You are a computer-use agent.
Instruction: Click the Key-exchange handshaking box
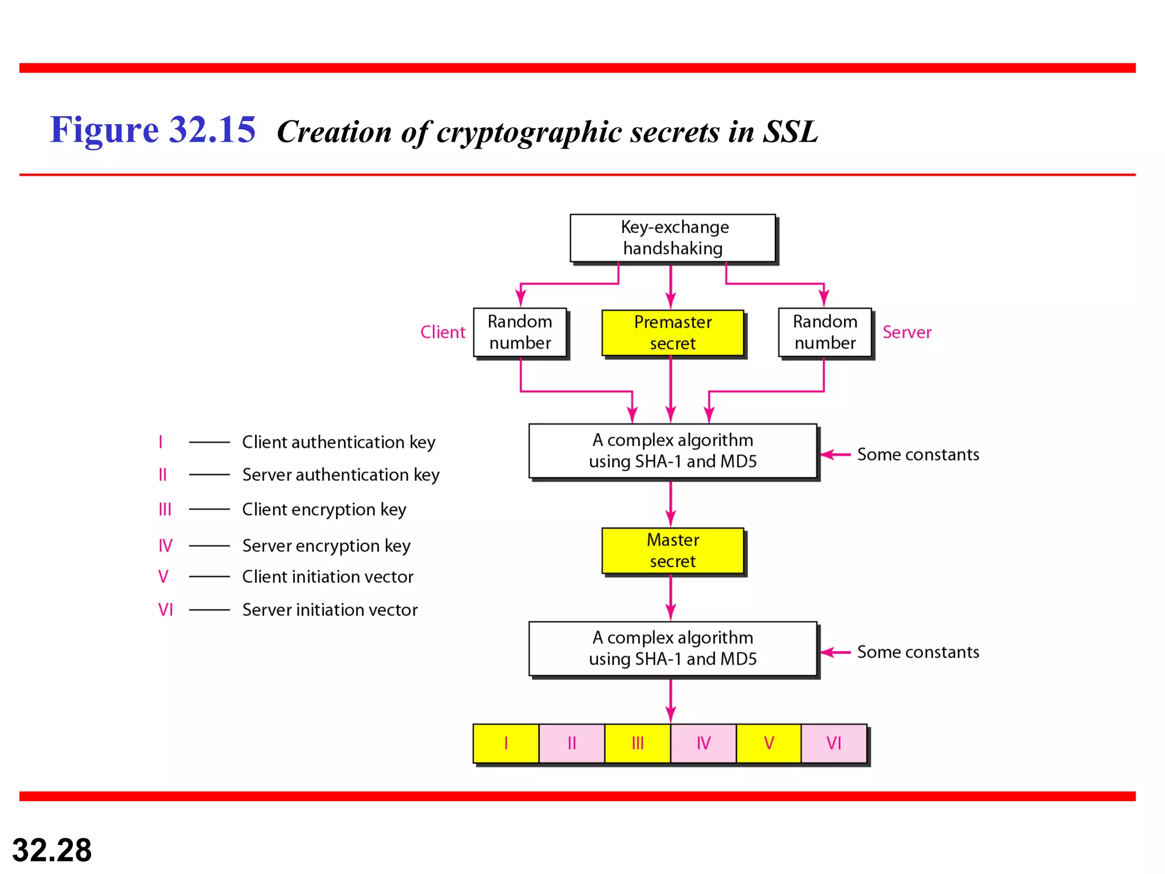[673, 238]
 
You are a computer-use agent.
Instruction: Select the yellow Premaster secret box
[673, 333]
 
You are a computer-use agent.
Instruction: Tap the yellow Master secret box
[673, 550]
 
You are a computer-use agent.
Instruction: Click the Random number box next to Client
[520, 332]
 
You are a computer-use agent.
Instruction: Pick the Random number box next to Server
[825, 332]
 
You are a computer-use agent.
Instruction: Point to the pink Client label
[443, 332]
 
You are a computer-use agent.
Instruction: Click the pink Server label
[907, 332]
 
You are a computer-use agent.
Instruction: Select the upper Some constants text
[918, 455]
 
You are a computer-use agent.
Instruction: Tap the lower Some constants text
[918, 652]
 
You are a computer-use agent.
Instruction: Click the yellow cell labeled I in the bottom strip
[506, 743]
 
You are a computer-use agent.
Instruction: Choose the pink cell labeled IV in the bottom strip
[703, 743]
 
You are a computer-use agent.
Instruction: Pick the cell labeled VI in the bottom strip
[834, 743]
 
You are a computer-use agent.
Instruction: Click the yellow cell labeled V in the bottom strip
[769, 743]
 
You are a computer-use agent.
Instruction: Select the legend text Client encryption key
[324, 509]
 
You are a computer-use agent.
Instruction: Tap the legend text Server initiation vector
[330, 610]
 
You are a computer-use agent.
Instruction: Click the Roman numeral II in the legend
[163, 475]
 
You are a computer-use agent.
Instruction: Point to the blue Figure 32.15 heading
[152, 130]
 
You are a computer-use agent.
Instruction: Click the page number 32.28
[52, 850]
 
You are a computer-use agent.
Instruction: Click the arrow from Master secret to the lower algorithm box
[671, 597]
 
